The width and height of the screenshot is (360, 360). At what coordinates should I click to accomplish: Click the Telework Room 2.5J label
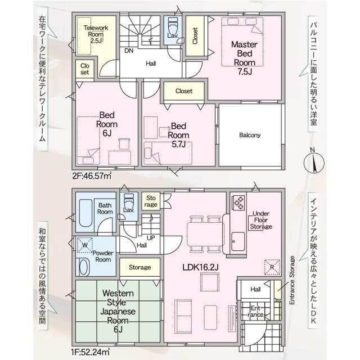click(96, 34)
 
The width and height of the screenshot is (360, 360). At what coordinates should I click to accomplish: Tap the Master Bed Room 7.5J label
click(244, 58)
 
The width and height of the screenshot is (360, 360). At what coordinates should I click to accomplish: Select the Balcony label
click(250, 135)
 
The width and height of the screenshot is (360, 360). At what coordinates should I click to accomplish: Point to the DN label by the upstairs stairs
click(129, 51)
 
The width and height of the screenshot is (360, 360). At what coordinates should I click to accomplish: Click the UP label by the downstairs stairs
click(151, 238)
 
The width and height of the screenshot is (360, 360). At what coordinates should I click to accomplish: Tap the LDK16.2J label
click(200, 267)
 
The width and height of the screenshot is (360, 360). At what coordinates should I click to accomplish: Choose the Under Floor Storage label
click(261, 220)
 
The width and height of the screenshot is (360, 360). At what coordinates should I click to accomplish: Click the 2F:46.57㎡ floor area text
click(92, 176)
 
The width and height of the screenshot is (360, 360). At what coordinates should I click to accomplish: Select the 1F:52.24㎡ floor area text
click(91, 352)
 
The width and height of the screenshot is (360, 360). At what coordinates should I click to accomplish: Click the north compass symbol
click(314, 163)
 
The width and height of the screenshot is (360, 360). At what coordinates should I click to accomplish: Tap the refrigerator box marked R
click(272, 267)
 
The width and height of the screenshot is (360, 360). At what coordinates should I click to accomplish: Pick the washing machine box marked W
click(85, 245)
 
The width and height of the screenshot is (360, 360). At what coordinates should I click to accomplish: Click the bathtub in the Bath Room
click(86, 213)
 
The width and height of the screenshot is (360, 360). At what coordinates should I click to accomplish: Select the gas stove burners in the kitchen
click(238, 202)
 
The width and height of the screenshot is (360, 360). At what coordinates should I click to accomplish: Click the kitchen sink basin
click(238, 241)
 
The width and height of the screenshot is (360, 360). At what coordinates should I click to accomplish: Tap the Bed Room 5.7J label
click(178, 135)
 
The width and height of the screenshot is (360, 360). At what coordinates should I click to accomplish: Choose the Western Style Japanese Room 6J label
click(118, 311)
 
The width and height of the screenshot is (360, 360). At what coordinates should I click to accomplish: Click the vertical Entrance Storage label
click(292, 280)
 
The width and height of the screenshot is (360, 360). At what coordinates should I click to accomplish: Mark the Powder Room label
click(103, 256)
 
